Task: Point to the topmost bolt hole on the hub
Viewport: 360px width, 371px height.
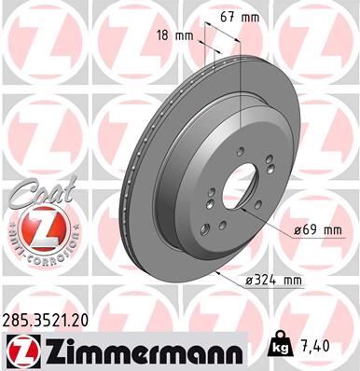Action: (x=239, y=149)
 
